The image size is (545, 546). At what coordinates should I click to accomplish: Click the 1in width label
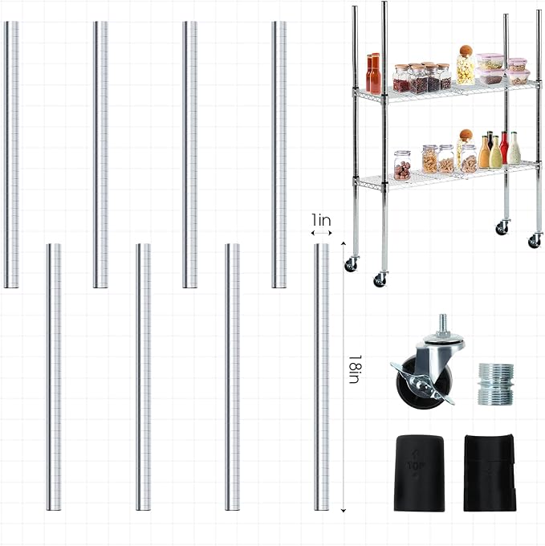point(321,220)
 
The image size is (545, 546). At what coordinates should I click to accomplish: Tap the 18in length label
point(355,369)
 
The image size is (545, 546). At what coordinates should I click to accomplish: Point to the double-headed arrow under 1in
point(321,233)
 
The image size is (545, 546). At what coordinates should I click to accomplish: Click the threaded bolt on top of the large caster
point(443,324)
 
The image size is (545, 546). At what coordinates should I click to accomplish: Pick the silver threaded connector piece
point(495,384)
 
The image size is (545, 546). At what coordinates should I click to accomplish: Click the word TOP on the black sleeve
point(417,465)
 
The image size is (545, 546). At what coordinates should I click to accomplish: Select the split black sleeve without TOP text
point(490,472)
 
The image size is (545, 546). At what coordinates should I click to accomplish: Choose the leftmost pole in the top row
point(11,154)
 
